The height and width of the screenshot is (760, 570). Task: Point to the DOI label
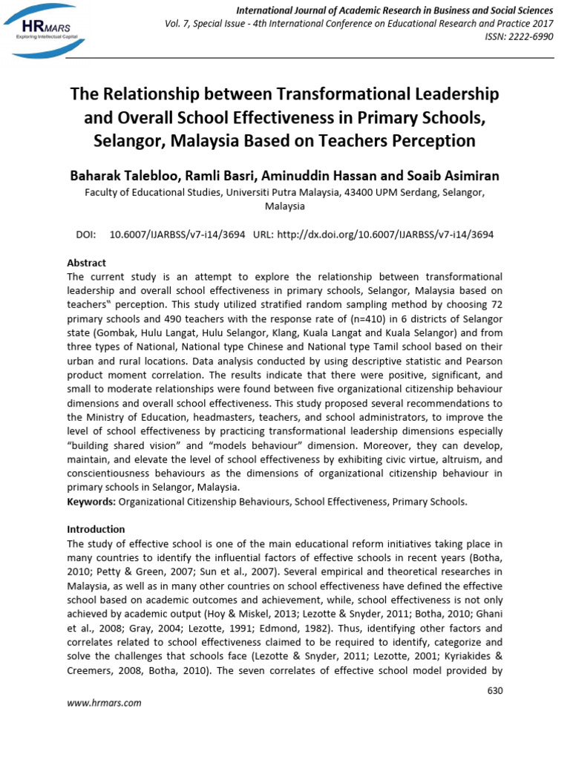pyautogui.click(x=86, y=234)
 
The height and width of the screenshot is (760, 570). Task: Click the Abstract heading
pyautogui.click(x=87, y=263)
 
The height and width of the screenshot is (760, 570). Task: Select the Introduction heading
pyautogui.click(x=96, y=529)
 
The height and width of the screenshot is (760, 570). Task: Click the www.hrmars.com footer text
pyautogui.click(x=104, y=703)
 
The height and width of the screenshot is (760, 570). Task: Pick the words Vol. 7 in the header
pyautogui.click(x=178, y=24)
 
